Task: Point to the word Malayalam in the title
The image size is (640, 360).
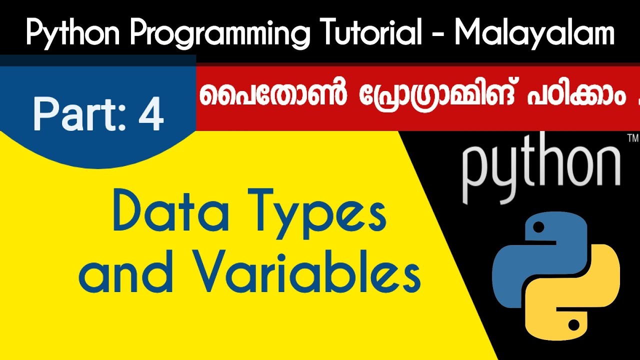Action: [534, 34]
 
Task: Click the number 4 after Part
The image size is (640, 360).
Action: [151, 114]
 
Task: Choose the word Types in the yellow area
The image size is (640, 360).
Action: [319, 212]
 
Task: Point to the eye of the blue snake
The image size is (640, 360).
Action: [538, 228]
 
